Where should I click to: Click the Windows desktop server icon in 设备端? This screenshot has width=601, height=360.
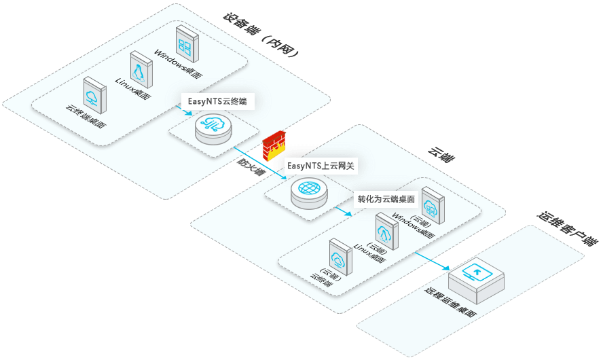click(185, 41)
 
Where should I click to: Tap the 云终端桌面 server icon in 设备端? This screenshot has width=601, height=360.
click(94, 94)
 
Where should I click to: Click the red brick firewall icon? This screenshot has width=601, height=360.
click(274, 145)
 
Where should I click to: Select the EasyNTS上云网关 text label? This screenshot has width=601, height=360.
click(321, 165)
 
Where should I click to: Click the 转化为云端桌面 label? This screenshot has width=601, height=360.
click(386, 200)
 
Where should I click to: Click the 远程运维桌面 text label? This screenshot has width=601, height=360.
click(449, 306)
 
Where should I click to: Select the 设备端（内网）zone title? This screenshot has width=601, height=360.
click(261, 37)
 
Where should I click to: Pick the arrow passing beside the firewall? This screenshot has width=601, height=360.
click(259, 162)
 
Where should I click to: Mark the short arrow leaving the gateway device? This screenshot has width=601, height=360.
click(342, 210)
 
